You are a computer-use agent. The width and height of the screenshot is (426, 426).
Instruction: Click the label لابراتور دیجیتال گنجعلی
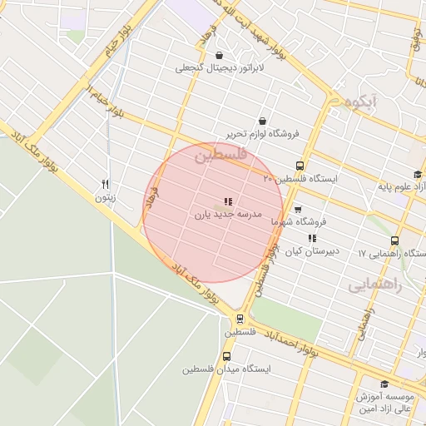(x=218, y=68)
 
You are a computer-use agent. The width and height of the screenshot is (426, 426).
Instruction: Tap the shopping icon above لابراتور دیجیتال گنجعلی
(x=218, y=55)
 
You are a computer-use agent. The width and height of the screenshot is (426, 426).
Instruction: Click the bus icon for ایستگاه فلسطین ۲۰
(x=300, y=166)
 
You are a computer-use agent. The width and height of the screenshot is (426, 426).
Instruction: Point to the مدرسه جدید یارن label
(x=228, y=214)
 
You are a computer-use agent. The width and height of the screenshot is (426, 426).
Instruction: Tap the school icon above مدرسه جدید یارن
(x=228, y=201)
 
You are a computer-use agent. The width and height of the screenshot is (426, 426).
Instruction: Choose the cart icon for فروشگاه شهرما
(x=297, y=209)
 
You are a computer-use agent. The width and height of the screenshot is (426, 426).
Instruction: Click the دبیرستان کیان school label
(x=312, y=250)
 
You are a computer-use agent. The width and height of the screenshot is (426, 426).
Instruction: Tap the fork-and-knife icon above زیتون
(x=105, y=184)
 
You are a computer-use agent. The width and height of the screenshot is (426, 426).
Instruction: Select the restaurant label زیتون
(x=105, y=197)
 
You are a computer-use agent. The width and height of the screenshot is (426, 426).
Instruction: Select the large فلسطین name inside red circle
(x=220, y=156)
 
